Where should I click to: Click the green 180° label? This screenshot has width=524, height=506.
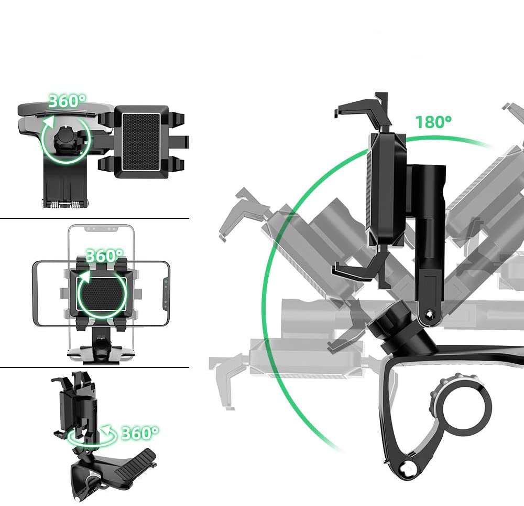click(x=433, y=122)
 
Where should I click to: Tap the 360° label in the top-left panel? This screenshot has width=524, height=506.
click(x=67, y=101)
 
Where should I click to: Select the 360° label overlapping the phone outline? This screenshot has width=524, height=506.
click(x=105, y=256)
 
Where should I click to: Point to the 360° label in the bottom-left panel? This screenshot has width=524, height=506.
click(x=140, y=433)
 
